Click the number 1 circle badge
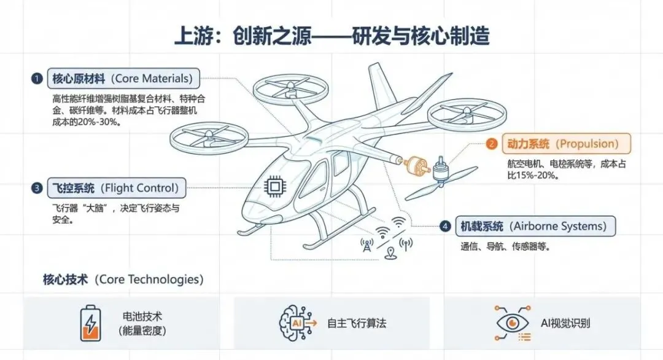[37, 79]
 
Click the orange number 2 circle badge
[491, 144]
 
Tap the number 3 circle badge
[37, 188]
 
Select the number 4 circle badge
[446, 226]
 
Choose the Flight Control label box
[116, 188]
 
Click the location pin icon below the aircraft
[389, 252]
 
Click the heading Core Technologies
[123, 279]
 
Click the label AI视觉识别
[565, 323]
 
